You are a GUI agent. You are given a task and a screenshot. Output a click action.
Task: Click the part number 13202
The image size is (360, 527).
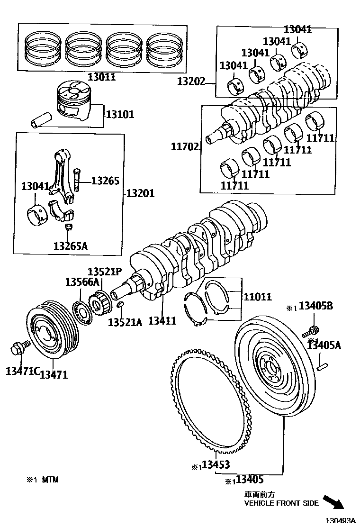pos(192,81)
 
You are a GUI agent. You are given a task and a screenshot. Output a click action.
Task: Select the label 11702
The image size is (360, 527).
pos(185,147)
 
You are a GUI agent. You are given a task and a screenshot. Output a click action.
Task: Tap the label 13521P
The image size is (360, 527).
pos(105,272)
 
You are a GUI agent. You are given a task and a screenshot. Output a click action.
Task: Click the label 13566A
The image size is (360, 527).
pos(81,282)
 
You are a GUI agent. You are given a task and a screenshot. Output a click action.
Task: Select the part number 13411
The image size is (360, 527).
pos(162,321)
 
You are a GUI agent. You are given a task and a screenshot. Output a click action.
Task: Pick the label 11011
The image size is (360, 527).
pos(258,297)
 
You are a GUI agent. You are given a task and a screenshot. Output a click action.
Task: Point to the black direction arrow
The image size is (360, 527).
pos(333,501)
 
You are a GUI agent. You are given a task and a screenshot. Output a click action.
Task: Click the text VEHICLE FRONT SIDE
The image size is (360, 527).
pos(281,503)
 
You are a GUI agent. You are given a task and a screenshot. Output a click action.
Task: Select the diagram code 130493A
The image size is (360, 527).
pos(340,520)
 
